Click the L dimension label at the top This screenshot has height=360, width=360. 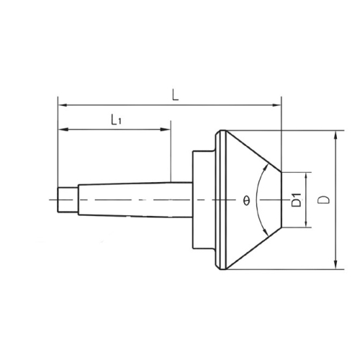[x=176, y=95]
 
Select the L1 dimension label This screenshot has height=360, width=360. [x=117, y=120]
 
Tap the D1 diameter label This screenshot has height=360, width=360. [x=297, y=199]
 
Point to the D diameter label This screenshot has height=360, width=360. [x=324, y=199]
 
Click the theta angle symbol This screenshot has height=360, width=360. [x=246, y=200]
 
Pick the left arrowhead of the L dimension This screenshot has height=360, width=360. [x=63, y=105]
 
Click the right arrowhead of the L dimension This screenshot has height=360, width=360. [x=276, y=105]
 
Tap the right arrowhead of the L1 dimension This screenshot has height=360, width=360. [x=166, y=130]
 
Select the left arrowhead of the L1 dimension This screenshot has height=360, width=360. [x=63, y=130]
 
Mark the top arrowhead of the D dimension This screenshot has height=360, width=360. [x=336, y=135]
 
